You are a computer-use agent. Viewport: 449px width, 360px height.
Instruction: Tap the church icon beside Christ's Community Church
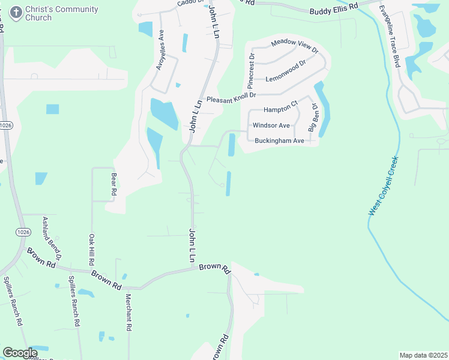click(x=16, y=11)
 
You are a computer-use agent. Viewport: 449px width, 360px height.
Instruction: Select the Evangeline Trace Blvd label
click(x=390, y=35)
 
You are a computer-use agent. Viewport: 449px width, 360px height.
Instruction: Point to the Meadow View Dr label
click(x=294, y=44)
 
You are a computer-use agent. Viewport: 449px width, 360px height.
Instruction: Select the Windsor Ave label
click(x=271, y=125)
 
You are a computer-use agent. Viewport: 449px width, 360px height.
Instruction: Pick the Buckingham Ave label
click(x=280, y=140)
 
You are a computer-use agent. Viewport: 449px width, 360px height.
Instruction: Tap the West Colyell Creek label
click(x=384, y=186)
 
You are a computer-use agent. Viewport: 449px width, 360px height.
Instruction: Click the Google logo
click(x=20, y=353)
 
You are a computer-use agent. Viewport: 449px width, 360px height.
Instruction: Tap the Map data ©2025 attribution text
click(x=423, y=355)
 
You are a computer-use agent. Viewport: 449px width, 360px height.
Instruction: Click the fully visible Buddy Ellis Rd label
click(x=334, y=10)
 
